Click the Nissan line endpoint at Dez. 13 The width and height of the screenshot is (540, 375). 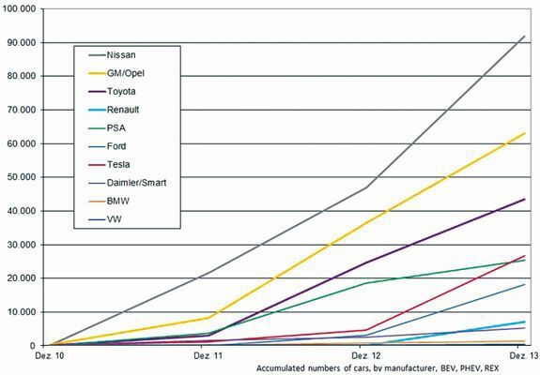click(524, 37)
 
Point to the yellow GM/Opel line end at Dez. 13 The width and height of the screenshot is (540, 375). click(524, 133)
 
